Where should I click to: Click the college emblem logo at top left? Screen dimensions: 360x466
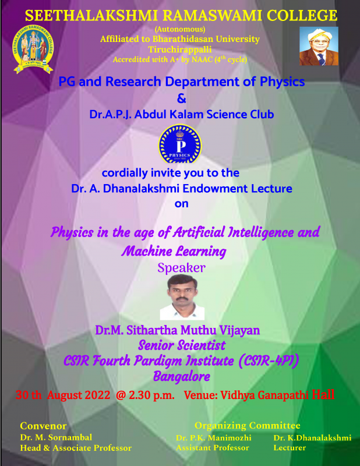click(33, 49)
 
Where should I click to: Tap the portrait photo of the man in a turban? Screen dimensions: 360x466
click(319, 46)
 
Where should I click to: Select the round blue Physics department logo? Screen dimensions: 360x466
click(180, 144)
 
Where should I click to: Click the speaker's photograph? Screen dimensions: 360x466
click(182, 297)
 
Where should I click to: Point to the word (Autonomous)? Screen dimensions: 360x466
click(180, 29)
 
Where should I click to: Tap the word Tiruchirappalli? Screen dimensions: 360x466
click(180, 49)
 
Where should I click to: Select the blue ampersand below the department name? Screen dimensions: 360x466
click(181, 98)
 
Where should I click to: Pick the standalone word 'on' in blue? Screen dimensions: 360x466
click(181, 204)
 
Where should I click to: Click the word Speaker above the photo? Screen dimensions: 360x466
click(181, 268)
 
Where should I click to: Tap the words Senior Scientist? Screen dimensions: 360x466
click(182, 345)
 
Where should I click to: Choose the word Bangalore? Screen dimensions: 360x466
click(182, 376)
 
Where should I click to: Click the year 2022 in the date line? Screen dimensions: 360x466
click(97, 396)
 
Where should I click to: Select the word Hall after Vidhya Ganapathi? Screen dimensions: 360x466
click(323, 394)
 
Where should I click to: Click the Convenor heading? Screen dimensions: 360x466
click(43, 426)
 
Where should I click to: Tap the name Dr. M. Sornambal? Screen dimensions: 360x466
click(56, 437)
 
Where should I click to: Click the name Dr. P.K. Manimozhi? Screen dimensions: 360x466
click(213, 438)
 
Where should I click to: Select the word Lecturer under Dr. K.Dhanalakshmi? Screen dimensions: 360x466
click(290, 447)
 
